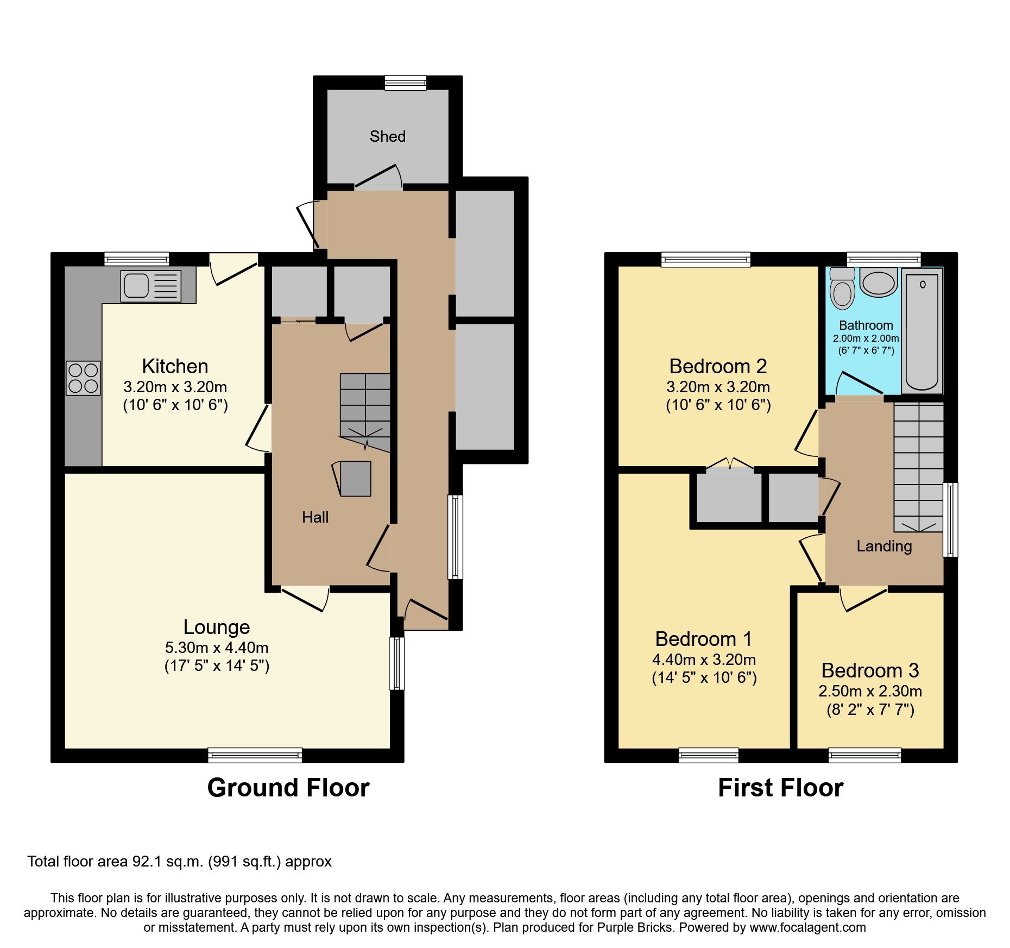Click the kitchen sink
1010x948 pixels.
tap(136, 285)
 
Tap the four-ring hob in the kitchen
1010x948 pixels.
tap(83, 378)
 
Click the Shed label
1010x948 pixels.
tap(387, 136)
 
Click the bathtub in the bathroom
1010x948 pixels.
tap(921, 331)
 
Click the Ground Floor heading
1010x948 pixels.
tap(288, 788)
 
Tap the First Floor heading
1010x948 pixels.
tap(780, 788)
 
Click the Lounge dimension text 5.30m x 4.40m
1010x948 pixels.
tap(217, 648)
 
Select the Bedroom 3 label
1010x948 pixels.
tap(870, 670)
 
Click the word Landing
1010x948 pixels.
tap(884, 546)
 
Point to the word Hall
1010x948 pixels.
tap(315, 517)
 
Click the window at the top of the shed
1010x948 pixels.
tap(405, 83)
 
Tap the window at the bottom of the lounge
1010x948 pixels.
tap(255, 755)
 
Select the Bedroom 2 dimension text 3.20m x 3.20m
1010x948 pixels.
tap(718, 387)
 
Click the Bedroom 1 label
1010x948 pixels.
tap(704, 639)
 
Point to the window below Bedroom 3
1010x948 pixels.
tap(864, 755)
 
